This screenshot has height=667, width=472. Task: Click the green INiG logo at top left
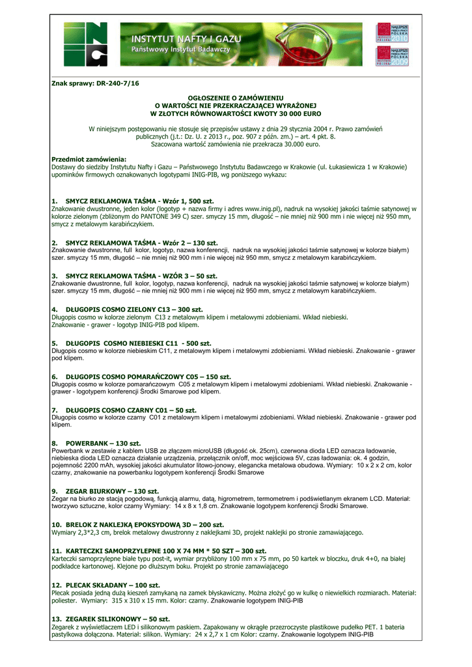coord(86,44)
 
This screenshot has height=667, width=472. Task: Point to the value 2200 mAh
coord(97,466)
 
